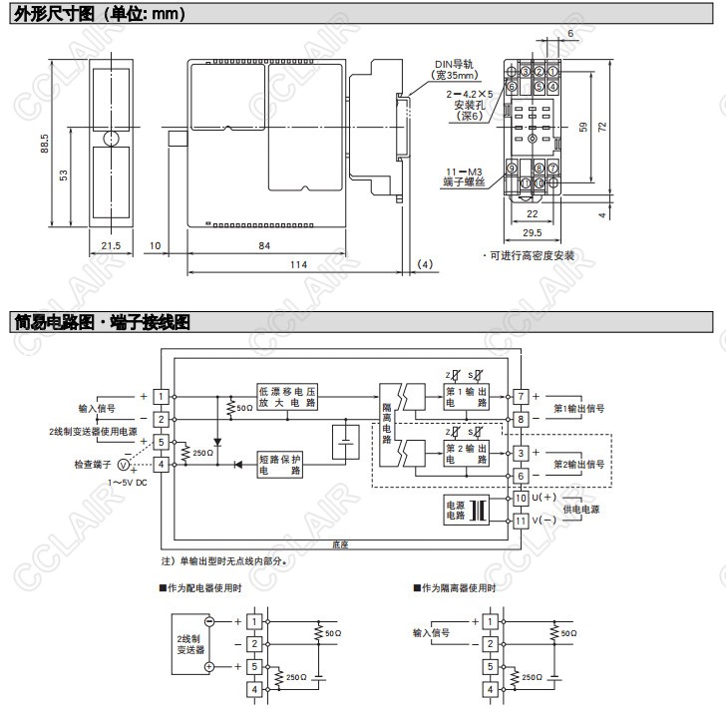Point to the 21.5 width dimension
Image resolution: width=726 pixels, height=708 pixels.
(110, 245)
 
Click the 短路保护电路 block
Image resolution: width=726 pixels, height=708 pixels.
(280, 463)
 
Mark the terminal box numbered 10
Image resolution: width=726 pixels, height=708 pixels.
(521, 497)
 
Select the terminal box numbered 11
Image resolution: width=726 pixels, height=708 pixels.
(521, 521)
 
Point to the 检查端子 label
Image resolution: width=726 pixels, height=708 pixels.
(95, 464)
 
